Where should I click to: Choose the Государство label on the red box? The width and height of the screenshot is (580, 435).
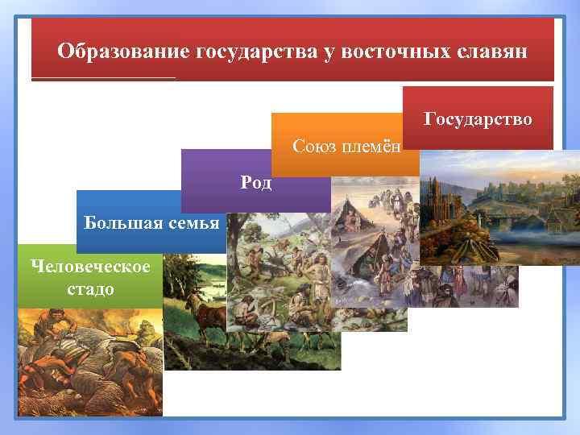click(x=478, y=119)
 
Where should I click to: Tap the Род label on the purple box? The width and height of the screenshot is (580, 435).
click(x=256, y=182)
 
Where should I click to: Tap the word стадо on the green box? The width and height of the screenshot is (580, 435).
click(x=90, y=288)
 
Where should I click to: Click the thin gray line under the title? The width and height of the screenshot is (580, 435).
click(x=103, y=78)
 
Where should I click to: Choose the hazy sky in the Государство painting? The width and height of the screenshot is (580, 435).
click(x=516, y=165)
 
